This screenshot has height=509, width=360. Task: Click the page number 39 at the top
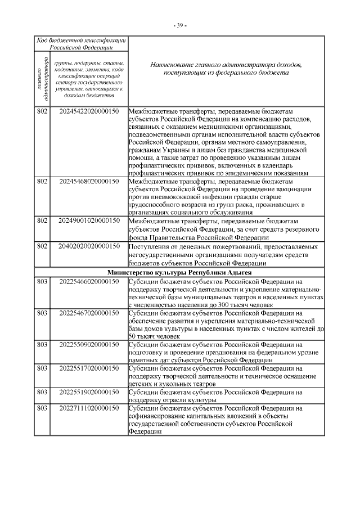[x=180, y=26]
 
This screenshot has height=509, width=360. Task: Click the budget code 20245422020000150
[x=89, y=112]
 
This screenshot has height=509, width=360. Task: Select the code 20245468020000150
[x=89, y=182]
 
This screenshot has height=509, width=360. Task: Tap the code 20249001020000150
[x=89, y=221]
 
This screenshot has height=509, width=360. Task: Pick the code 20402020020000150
[x=89, y=246]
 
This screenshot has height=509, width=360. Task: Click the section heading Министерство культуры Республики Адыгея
[x=179, y=272]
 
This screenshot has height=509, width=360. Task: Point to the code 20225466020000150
[x=89, y=281]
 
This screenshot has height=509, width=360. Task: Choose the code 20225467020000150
[x=89, y=312]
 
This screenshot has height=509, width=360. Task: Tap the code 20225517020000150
[x=89, y=368]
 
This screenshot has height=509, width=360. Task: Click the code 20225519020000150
[x=89, y=391]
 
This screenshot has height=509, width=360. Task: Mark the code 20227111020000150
[x=89, y=408]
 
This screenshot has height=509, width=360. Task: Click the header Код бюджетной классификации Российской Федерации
[x=82, y=44]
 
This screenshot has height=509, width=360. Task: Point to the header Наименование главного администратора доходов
[x=226, y=65]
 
